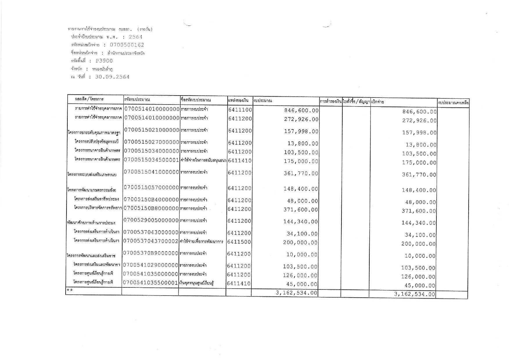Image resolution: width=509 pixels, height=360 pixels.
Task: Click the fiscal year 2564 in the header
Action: pyautogui.click(x=136, y=37)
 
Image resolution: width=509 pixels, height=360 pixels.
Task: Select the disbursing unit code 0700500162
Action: pyautogui.click(x=127, y=45)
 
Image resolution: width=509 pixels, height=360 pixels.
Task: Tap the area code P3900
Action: pyautogui.click(x=104, y=61)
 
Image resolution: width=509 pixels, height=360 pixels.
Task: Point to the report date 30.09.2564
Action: pyautogui.click(x=112, y=77)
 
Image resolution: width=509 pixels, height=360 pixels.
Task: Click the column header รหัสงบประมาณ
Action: pyautogui.click(x=137, y=100)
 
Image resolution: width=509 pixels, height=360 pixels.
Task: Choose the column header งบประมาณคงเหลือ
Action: pyautogui.click(x=453, y=103)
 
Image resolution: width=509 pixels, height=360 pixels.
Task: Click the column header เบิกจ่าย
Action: pyautogui.click(x=377, y=102)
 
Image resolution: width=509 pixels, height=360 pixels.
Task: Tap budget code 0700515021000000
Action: pyautogui.click(x=151, y=130)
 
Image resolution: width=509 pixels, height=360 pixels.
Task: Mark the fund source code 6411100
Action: pyautogui.click(x=240, y=110)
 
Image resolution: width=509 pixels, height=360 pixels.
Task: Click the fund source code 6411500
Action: pyautogui.click(x=239, y=242)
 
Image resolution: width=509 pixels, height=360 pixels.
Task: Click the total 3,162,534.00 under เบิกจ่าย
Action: pyautogui.click(x=414, y=294)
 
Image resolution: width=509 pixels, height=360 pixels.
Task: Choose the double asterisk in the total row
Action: pyautogui.click(x=70, y=290)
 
